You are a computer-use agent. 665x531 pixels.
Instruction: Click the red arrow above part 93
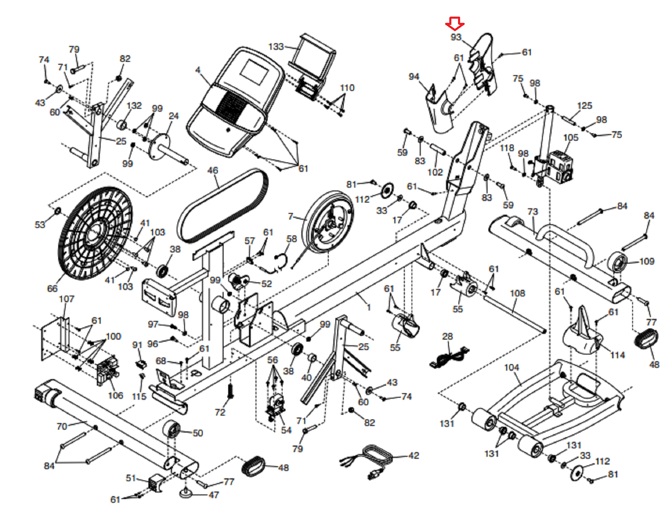point(455,23)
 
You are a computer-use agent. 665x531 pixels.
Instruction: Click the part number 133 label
point(276,46)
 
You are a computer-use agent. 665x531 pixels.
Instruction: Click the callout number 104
point(511,367)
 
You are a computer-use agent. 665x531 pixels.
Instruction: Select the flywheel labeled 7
point(328,222)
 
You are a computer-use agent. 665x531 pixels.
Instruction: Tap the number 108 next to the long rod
point(517,293)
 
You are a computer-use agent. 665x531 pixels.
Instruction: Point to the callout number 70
point(62,426)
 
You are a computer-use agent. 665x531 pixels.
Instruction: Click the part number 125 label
point(584,105)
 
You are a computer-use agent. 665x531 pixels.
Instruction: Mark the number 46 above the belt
point(212,170)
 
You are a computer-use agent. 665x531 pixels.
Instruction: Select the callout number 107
point(66,299)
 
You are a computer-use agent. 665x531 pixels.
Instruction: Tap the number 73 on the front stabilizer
point(532,211)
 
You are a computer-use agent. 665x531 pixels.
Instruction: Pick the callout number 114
point(617,355)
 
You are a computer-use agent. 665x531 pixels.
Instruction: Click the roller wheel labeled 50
point(171,428)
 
